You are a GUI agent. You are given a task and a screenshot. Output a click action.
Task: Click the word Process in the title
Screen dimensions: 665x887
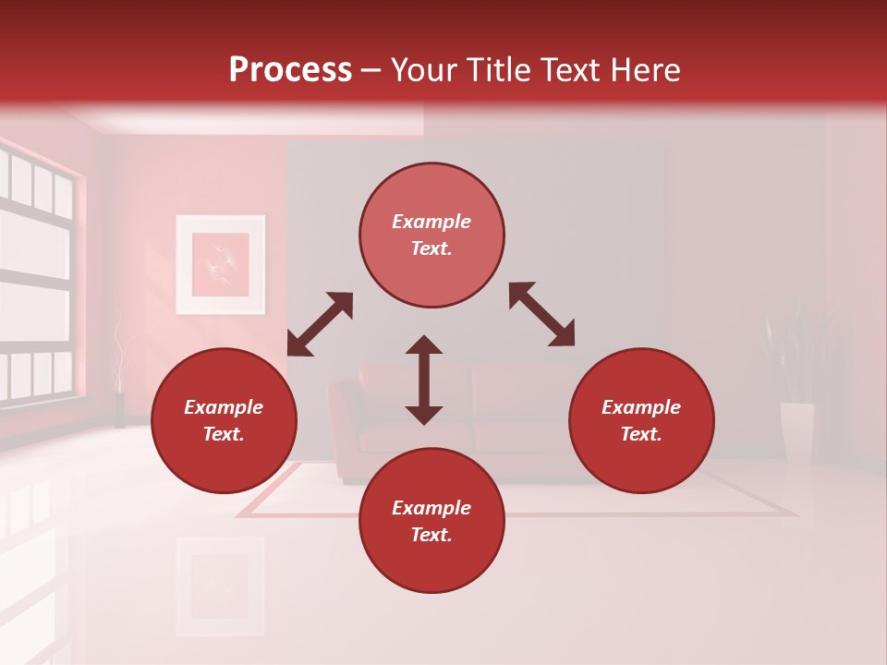pos(290,69)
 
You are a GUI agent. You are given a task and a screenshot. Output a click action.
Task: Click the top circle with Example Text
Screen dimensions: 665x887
pos(431,236)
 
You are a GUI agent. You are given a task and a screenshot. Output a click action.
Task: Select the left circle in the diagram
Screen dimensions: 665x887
pos(224,421)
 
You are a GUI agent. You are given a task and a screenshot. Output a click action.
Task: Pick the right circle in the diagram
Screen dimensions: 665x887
pos(641,421)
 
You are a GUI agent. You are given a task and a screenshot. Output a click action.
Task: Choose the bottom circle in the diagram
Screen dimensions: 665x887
pos(431,521)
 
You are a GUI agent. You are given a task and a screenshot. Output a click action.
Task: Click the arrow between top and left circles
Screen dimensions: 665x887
pos(321,323)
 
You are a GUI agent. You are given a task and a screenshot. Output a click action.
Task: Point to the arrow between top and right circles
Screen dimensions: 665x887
pos(541,314)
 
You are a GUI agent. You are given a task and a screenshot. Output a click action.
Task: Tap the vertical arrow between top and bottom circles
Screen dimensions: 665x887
pos(424,380)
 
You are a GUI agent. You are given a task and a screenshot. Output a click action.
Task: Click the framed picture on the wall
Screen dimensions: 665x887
pos(221,264)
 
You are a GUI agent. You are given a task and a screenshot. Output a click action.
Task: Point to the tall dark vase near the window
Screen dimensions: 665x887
pos(119,410)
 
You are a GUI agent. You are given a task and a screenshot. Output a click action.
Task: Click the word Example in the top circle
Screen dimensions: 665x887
pos(431,222)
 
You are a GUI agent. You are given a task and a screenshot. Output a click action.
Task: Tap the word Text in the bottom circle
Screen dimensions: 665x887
pos(431,535)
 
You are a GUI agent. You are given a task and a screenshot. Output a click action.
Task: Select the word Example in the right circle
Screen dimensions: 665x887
pos(641,407)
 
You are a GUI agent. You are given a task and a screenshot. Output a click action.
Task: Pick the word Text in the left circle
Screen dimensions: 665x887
pos(224,435)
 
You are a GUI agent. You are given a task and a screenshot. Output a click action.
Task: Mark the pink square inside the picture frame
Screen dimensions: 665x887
pos(221,264)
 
